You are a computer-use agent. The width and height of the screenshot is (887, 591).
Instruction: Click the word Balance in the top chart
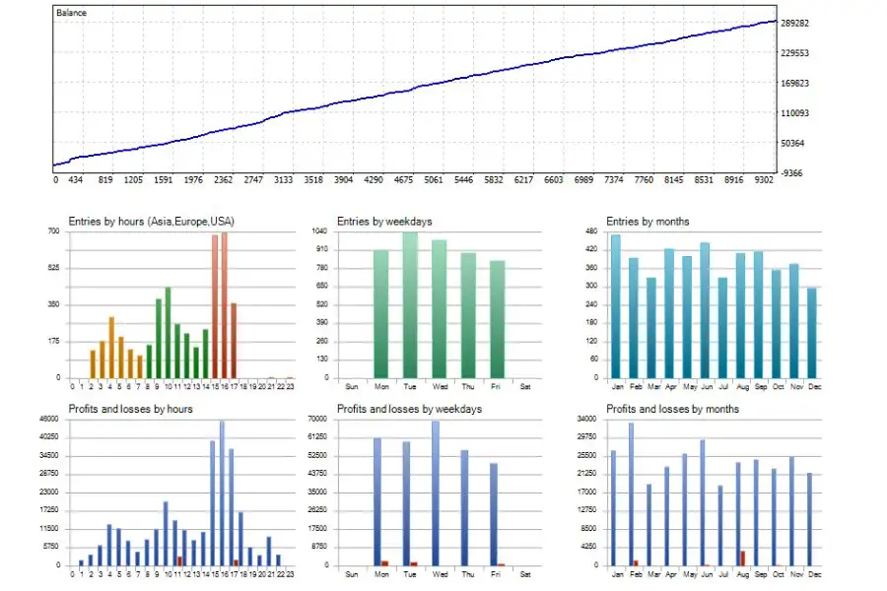pos(72,13)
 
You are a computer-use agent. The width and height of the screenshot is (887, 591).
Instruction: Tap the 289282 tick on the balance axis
pos(793,22)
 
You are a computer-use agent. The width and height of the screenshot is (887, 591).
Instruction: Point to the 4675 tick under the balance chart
pos(404,180)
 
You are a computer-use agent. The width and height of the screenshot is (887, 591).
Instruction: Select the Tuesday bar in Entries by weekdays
pos(410,305)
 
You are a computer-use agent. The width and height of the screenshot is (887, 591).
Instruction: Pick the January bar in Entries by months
pos(616,306)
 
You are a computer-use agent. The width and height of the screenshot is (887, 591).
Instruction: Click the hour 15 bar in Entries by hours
pos(215,306)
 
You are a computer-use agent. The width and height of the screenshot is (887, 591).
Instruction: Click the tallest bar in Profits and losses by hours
pos(222,492)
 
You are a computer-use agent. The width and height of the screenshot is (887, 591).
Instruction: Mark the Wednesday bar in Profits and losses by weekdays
pos(436,492)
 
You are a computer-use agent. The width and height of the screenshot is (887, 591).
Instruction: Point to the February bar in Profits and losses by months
pos(631,493)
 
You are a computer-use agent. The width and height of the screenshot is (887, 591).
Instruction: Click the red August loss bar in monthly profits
pos(742,558)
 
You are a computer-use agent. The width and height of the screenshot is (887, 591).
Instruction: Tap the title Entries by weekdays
pos(384,222)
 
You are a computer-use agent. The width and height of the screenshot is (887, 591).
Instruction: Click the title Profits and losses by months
pos(672,409)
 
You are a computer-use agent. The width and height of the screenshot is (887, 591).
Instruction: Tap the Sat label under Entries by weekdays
pos(524,385)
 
